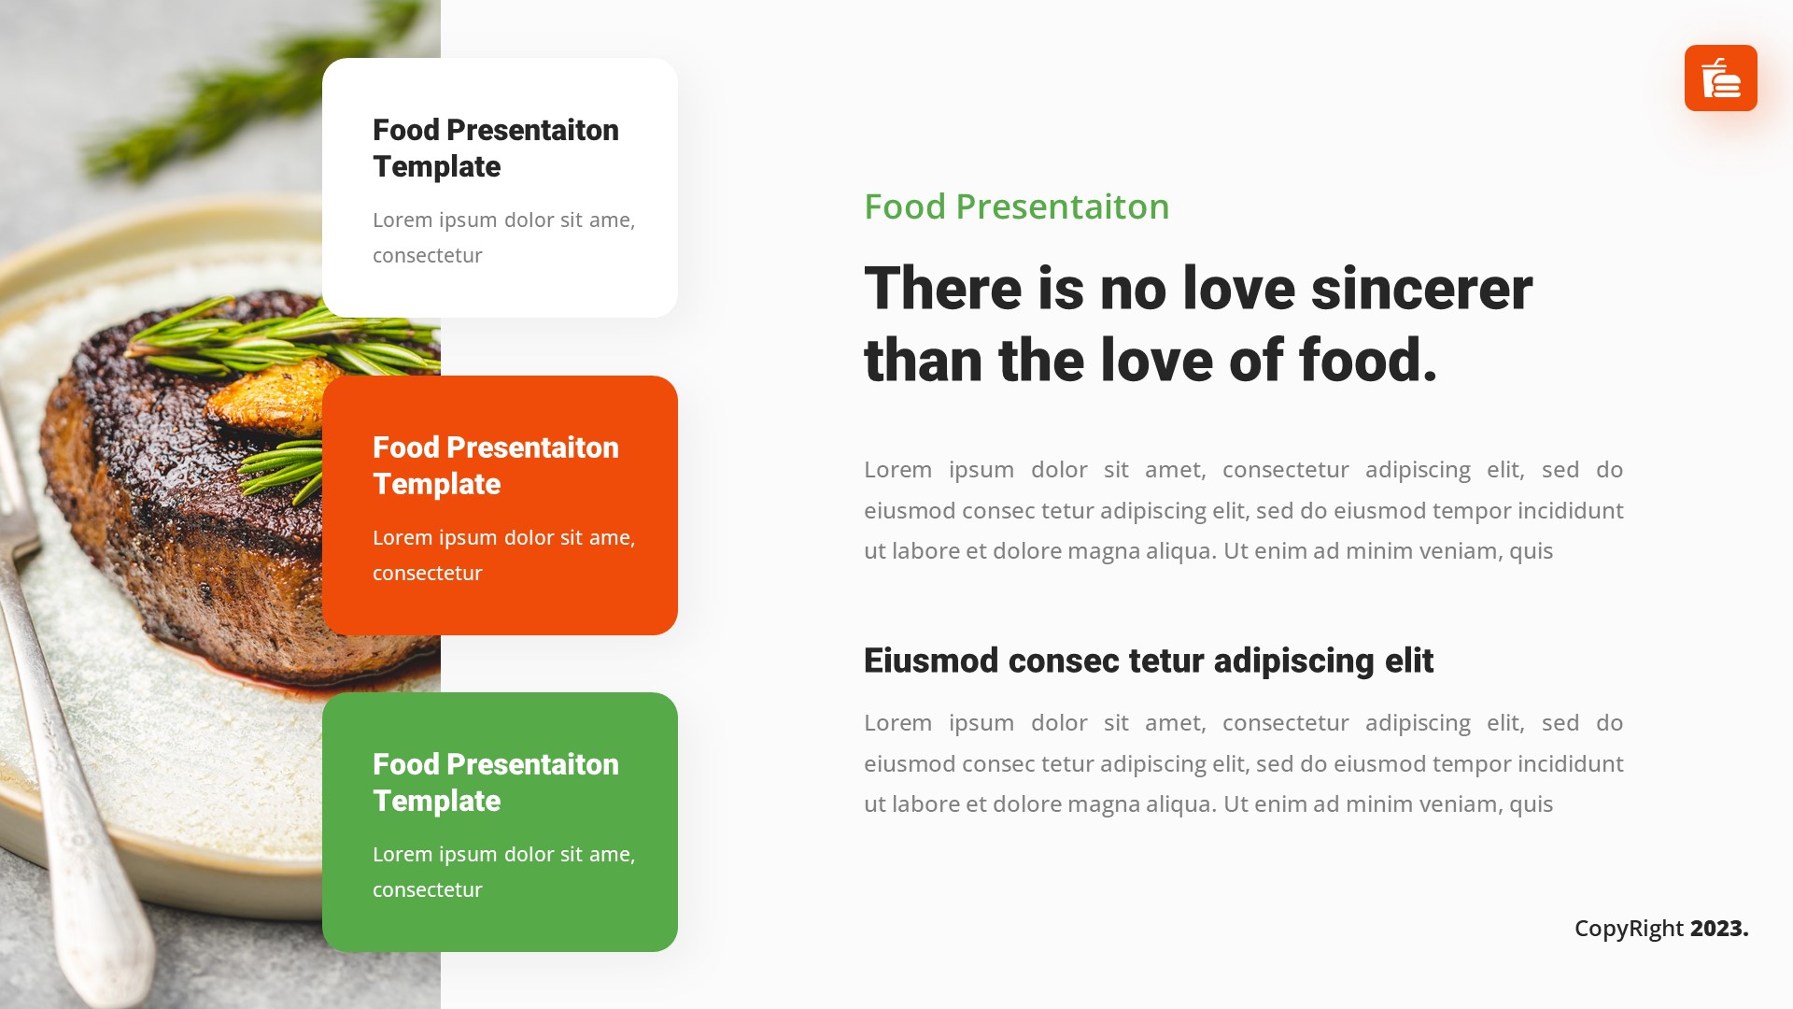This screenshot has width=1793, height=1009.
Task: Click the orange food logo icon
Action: point(1720,78)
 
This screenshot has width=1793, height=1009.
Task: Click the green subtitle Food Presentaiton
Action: point(1016,206)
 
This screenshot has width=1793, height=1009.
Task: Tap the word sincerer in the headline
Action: point(1421,289)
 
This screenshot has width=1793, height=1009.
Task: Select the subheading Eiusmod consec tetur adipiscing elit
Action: point(1148,661)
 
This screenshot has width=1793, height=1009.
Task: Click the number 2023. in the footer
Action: point(1719,929)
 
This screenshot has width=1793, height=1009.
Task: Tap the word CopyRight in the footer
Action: point(1629,929)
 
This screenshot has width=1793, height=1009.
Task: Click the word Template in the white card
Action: point(436,167)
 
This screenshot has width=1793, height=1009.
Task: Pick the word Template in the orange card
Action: point(436,485)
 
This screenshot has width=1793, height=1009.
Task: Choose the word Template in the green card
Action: point(436,802)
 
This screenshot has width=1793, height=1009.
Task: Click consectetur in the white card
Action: point(427,256)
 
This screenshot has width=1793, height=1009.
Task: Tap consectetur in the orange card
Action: point(427,574)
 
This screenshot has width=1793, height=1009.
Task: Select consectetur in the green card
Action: point(427,890)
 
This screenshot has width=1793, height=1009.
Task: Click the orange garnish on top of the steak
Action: point(266,397)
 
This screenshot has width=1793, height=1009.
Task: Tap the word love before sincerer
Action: point(1238,289)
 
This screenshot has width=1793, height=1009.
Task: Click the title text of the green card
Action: point(495,783)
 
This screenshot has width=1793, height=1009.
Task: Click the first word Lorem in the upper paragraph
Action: point(896,470)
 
